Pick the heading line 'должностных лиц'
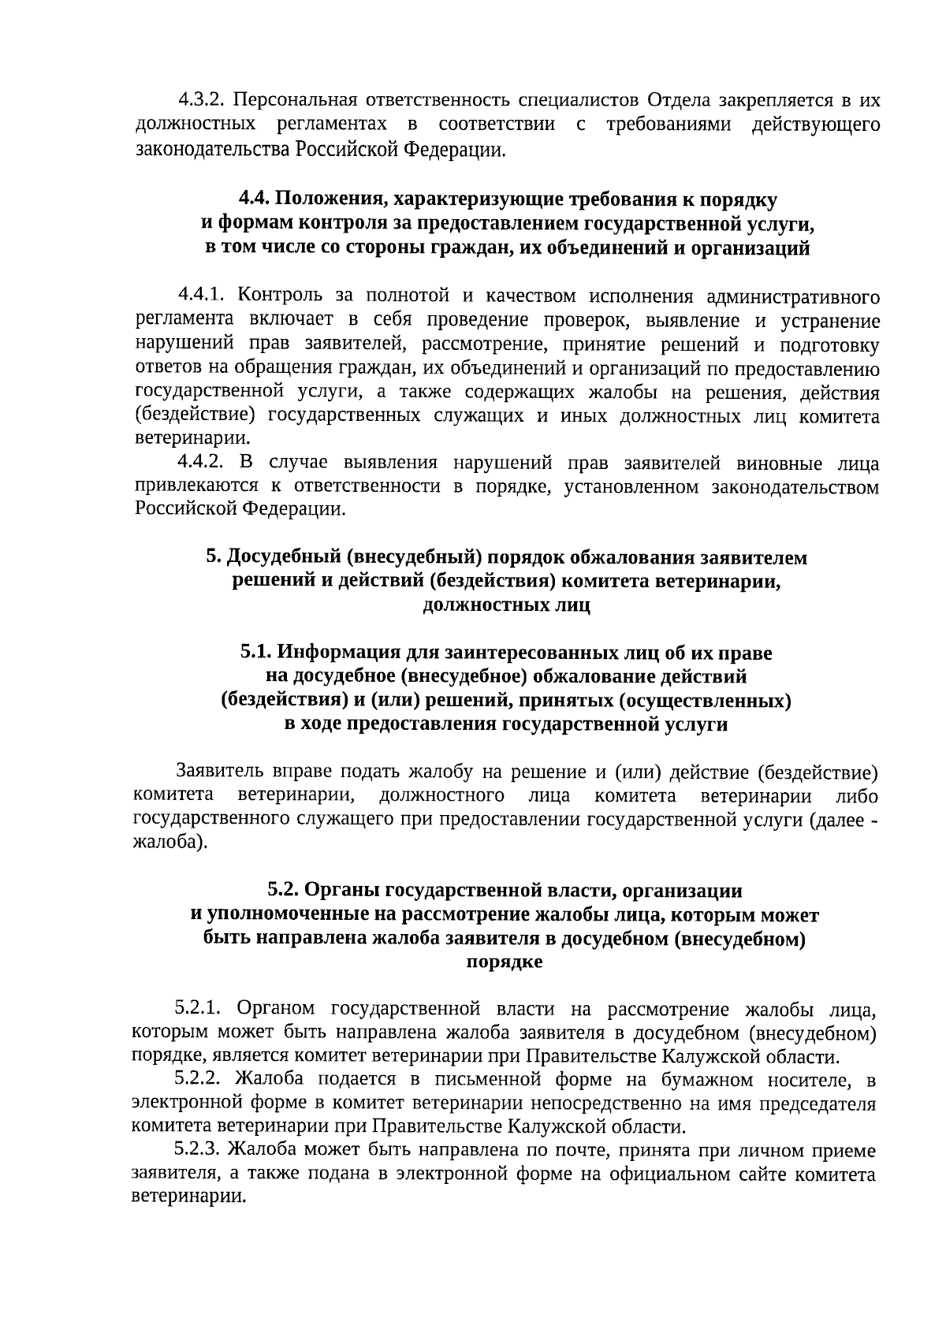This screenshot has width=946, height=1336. [x=506, y=605]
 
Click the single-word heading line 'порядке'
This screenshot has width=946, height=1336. [x=505, y=962]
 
